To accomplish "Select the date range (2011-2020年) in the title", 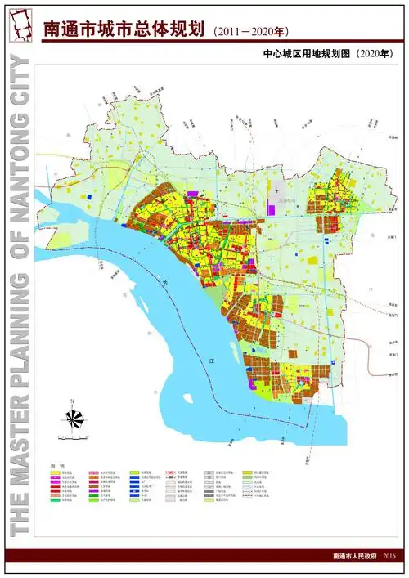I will point(250,32).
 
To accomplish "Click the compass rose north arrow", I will point(74,418).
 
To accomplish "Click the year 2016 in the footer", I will point(389,556).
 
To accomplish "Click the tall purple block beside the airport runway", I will point(271,205).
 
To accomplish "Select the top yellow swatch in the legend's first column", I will point(55,473).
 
